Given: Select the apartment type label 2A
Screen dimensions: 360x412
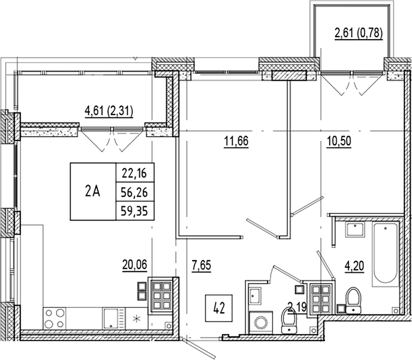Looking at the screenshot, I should [92, 191].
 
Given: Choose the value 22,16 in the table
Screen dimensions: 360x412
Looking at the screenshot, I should [135, 172].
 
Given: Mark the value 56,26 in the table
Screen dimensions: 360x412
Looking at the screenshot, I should [135, 191].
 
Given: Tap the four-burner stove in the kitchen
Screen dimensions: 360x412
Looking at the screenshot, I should [54, 318].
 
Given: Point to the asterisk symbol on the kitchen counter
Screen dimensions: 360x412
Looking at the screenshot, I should [136, 319].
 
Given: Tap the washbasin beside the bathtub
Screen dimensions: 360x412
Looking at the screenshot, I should [354, 231].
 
